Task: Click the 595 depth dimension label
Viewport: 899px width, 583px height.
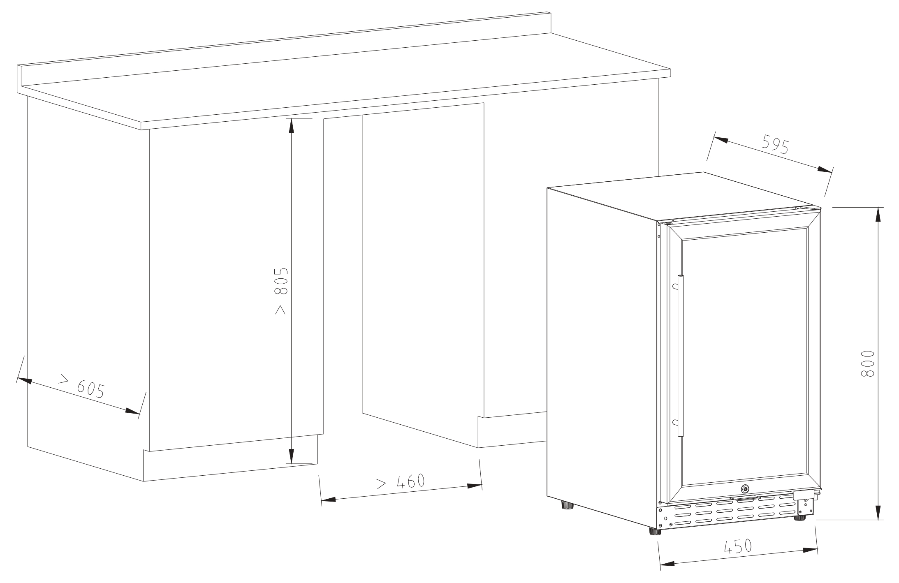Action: pyautogui.click(x=775, y=144)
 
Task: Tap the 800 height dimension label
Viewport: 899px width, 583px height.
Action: pyautogui.click(x=867, y=363)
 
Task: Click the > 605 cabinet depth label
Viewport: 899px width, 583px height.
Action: pyautogui.click(x=82, y=386)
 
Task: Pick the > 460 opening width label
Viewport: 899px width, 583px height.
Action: pyautogui.click(x=400, y=482)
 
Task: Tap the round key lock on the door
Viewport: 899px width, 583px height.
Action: pyautogui.click(x=745, y=489)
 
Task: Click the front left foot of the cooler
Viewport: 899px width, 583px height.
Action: pyautogui.click(x=655, y=531)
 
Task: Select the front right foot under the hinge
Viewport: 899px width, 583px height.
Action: pyautogui.click(x=800, y=518)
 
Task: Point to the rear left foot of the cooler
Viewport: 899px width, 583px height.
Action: pyautogui.click(x=568, y=505)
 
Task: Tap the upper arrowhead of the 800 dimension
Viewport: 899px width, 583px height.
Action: pyautogui.click(x=879, y=215)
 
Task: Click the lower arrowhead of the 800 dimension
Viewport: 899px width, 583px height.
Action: pyautogui.click(x=879, y=512)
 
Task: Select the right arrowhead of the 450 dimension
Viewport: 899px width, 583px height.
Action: pyautogui.click(x=809, y=550)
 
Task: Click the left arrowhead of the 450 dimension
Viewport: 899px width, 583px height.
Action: pyautogui.click(x=667, y=564)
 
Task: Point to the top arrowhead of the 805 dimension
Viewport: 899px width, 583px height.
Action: pyautogui.click(x=292, y=126)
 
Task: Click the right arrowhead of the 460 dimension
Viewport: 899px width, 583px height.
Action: pyautogui.click(x=474, y=486)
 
